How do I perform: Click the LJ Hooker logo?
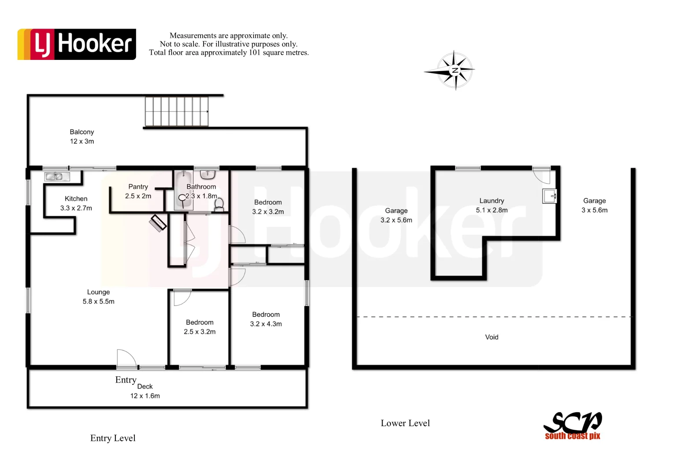[x=77, y=44]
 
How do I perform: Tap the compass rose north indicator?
[x=455, y=70]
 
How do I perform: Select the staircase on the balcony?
[x=177, y=112]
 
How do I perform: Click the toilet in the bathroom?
[x=219, y=204]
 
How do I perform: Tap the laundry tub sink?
[x=550, y=196]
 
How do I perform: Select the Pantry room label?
[x=138, y=187]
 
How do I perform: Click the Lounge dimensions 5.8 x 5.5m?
[x=98, y=301]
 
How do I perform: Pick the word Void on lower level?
[x=491, y=337]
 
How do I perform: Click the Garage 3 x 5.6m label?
[x=594, y=205]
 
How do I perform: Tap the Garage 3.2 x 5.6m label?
[x=396, y=216]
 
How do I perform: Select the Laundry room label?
[x=491, y=201]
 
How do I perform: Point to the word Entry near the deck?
[x=126, y=380]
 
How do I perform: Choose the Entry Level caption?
[x=113, y=438]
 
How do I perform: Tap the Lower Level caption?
[x=405, y=423]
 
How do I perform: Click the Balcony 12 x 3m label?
[x=82, y=137]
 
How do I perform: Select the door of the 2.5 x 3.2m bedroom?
[x=182, y=297]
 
